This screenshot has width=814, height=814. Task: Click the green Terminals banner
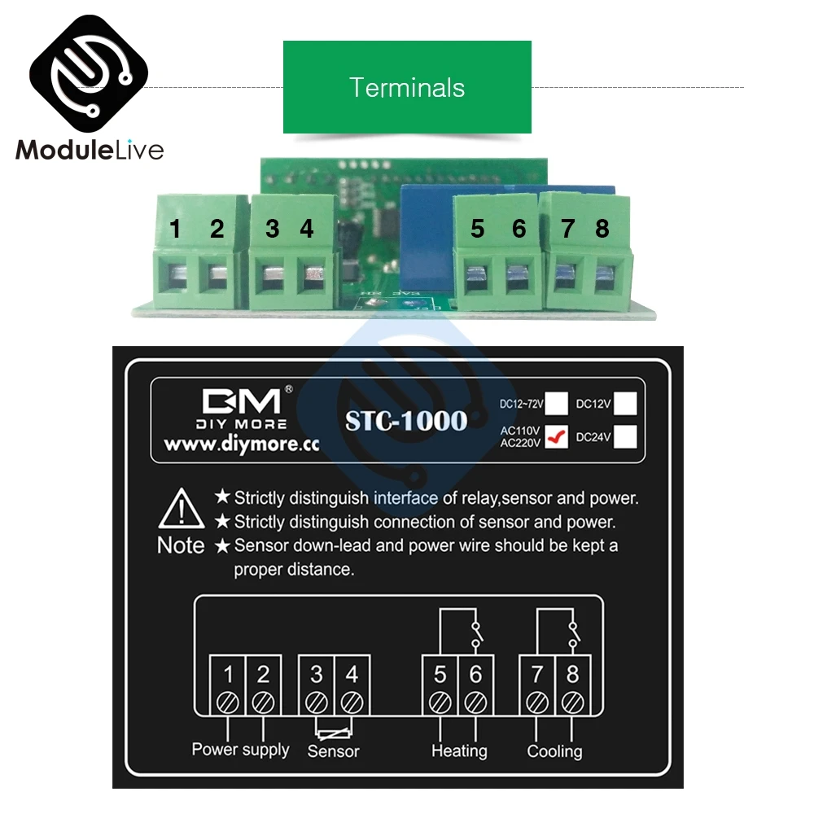tap(407, 87)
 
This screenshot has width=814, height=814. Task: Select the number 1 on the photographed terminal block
tap(175, 230)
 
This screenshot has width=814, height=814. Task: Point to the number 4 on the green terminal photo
tap(306, 230)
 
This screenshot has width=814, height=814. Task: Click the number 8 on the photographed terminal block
tap(602, 230)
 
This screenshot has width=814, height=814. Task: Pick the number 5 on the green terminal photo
tap(477, 230)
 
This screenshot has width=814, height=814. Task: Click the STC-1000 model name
tap(406, 420)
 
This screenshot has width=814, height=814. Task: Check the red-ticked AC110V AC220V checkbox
tap(557, 437)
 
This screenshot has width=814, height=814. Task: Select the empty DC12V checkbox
tap(625, 402)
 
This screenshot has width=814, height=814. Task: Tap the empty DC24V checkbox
tap(625, 437)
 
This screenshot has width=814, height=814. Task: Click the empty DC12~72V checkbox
tap(557, 402)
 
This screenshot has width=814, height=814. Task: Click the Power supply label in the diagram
tap(240, 749)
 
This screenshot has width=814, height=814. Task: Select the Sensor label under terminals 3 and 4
tap(333, 751)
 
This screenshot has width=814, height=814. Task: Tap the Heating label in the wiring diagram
tap(459, 751)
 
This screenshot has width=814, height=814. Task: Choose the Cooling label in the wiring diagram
tap(554, 751)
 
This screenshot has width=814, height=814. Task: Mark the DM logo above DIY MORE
tap(241, 401)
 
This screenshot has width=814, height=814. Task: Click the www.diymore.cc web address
tap(240, 445)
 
